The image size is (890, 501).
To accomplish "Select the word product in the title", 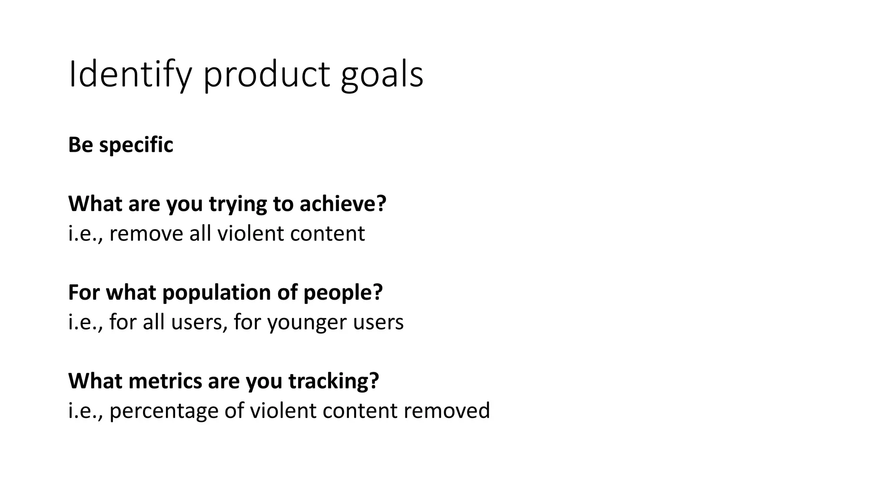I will (x=266, y=75).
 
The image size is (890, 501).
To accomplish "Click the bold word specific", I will (x=136, y=145).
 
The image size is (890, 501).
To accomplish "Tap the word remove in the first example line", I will (x=146, y=234).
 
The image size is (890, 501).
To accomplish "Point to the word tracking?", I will (x=333, y=381).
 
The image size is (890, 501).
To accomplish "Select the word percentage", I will (x=164, y=411).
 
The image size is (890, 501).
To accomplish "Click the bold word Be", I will (x=80, y=145).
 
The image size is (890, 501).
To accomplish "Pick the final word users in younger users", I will (x=378, y=323).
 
